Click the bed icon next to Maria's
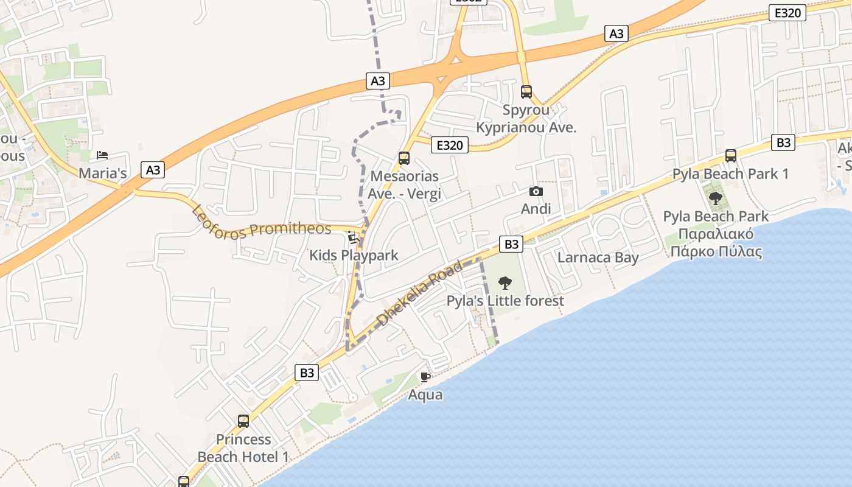pyautogui.click(x=102, y=155)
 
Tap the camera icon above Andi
pyautogui.click(x=536, y=191)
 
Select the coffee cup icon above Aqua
pyautogui.click(x=425, y=377)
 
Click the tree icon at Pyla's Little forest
pyautogui.click(x=505, y=282)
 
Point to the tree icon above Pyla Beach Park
pyautogui.click(x=716, y=198)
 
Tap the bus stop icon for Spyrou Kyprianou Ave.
pyautogui.click(x=526, y=92)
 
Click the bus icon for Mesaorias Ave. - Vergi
pyautogui.click(x=403, y=158)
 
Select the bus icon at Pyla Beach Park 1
pyautogui.click(x=731, y=156)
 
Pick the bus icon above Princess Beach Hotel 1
pyautogui.click(x=243, y=421)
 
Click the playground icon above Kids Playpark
pyautogui.click(x=353, y=236)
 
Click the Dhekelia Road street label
pyautogui.click(x=420, y=293)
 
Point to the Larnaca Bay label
pyautogui.click(x=598, y=257)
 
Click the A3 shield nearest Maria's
pyautogui.click(x=153, y=170)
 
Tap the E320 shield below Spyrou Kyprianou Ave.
pyautogui.click(x=450, y=145)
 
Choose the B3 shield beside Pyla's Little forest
pyautogui.click(x=511, y=244)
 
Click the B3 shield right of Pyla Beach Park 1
pyautogui.click(x=783, y=142)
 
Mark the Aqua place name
pyautogui.click(x=425, y=394)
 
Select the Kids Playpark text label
pyautogui.click(x=354, y=254)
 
